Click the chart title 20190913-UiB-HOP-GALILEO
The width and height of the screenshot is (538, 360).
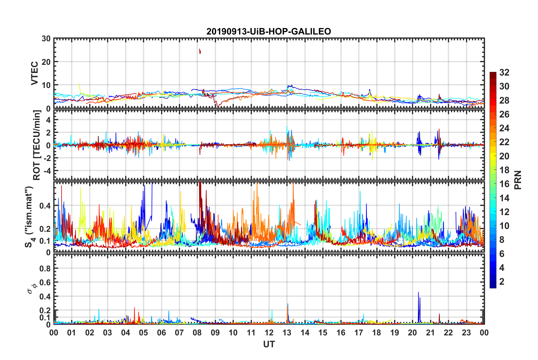point(269,31)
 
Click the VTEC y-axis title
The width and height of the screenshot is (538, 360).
point(35,73)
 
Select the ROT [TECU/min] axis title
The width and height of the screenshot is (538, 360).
point(37,145)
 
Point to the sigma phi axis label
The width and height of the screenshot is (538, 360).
point(31,288)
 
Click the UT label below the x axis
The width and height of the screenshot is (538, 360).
point(269,344)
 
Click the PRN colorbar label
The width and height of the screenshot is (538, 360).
point(518,180)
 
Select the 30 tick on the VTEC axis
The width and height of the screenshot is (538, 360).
point(46,39)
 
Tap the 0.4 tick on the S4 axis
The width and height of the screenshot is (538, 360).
point(45,206)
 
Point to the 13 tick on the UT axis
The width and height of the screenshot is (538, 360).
point(287,333)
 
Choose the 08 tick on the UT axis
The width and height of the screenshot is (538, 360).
point(197,333)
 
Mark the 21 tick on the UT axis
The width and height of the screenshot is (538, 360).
point(430,333)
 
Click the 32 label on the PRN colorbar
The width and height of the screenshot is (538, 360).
point(504,73)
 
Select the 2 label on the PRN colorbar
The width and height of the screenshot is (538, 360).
point(502,282)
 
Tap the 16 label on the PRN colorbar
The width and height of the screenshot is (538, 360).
point(504,184)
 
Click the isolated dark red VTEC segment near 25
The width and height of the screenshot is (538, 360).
point(200,51)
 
